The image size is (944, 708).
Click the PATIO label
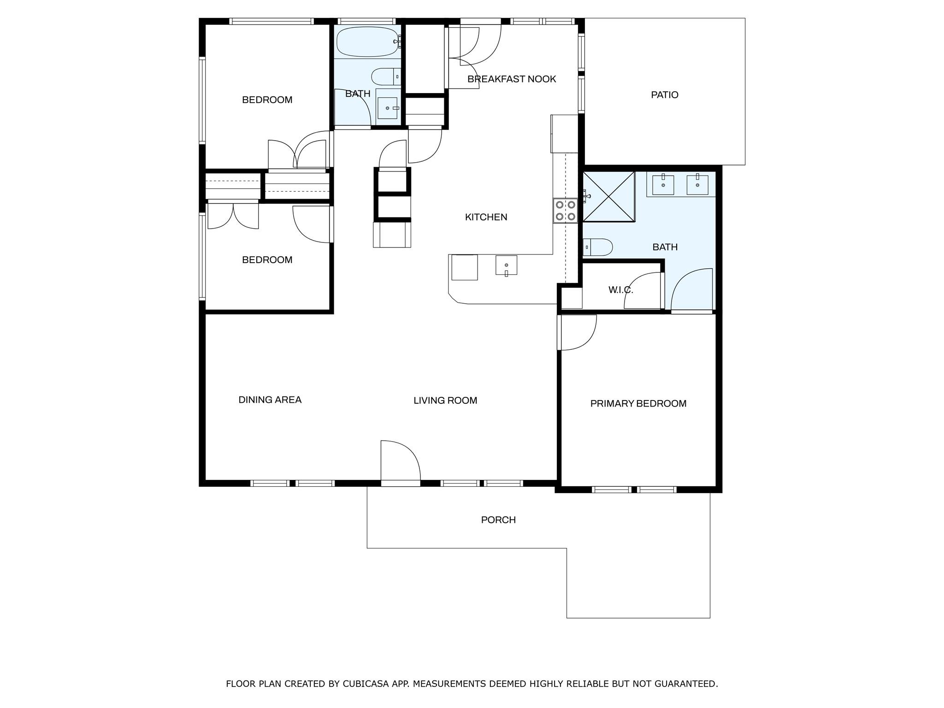(x=664, y=95)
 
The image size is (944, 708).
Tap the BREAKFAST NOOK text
(x=512, y=79)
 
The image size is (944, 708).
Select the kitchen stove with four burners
(x=565, y=211)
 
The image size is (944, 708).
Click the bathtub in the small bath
(x=367, y=42)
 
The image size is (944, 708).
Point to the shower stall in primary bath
(x=608, y=197)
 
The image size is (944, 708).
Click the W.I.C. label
(x=620, y=290)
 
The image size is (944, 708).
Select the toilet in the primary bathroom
(x=598, y=247)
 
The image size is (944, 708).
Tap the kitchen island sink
(x=506, y=265)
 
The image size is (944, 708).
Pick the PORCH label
(x=498, y=520)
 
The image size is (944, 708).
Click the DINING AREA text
(x=270, y=400)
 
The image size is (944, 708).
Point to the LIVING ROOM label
(x=445, y=401)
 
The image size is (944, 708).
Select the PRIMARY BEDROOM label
(x=638, y=404)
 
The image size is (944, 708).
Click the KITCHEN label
(x=486, y=217)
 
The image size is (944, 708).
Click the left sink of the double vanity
(x=663, y=185)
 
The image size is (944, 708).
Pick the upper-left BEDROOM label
(x=267, y=100)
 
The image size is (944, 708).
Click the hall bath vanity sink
(x=388, y=108)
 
